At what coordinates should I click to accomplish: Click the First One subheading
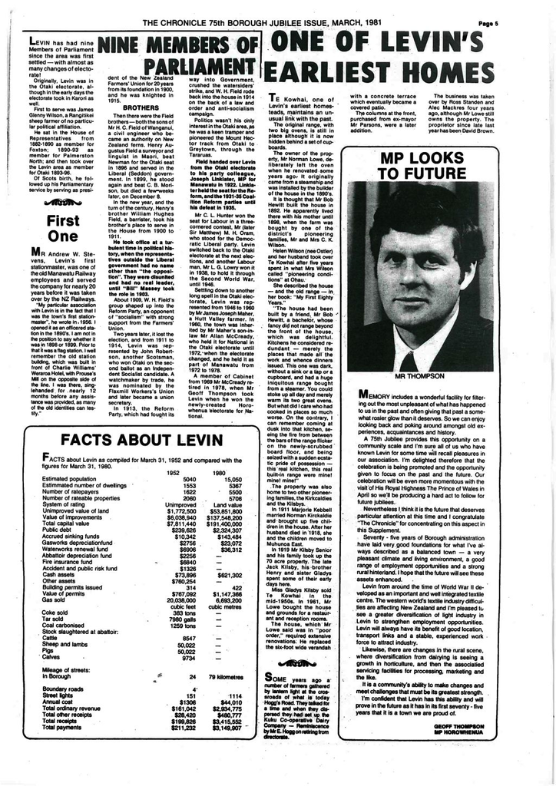[x=63, y=229]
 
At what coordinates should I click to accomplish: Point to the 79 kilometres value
[x=227, y=676]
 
